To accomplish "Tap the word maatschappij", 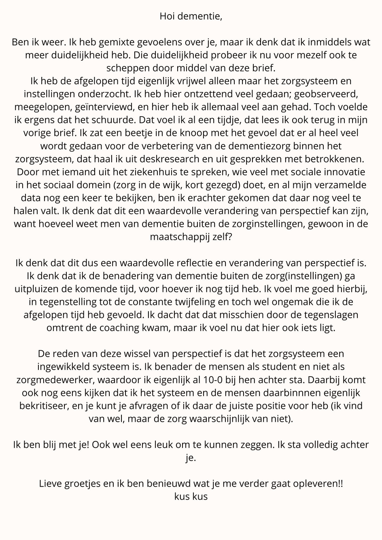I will coord(179,237).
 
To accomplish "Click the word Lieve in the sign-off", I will coord(50,483).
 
